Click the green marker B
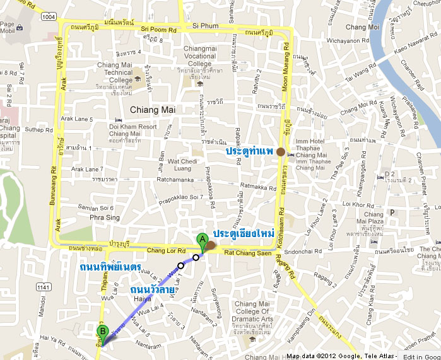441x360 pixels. pos(102,330)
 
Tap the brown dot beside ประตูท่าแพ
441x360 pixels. pos(280,151)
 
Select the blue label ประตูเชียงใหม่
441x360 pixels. pos(243,233)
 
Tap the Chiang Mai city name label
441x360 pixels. pos(152,110)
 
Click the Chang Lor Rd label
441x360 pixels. pos(166,251)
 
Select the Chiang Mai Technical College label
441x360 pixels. pos(115,73)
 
